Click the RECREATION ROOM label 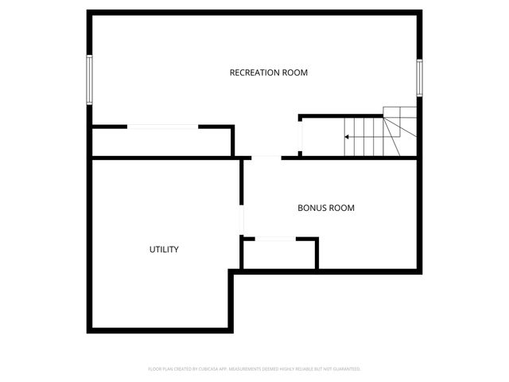pyautogui.click(x=268, y=72)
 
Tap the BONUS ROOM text pyautogui.click(x=325, y=208)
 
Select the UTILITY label pyautogui.click(x=164, y=249)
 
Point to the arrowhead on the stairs pyautogui.click(x=347, y=137)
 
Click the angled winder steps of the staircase pyautogui.click(x=400, y=123)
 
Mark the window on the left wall pyautogui.click(x=90, y=80)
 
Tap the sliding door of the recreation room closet pyautogui.click(x=162, y=126)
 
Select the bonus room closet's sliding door pyautogui.click(x=275, y=238)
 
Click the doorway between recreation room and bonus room pyautogui.click(x=266, y=158)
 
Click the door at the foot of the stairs pyautogui.click(x=300, y=136)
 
